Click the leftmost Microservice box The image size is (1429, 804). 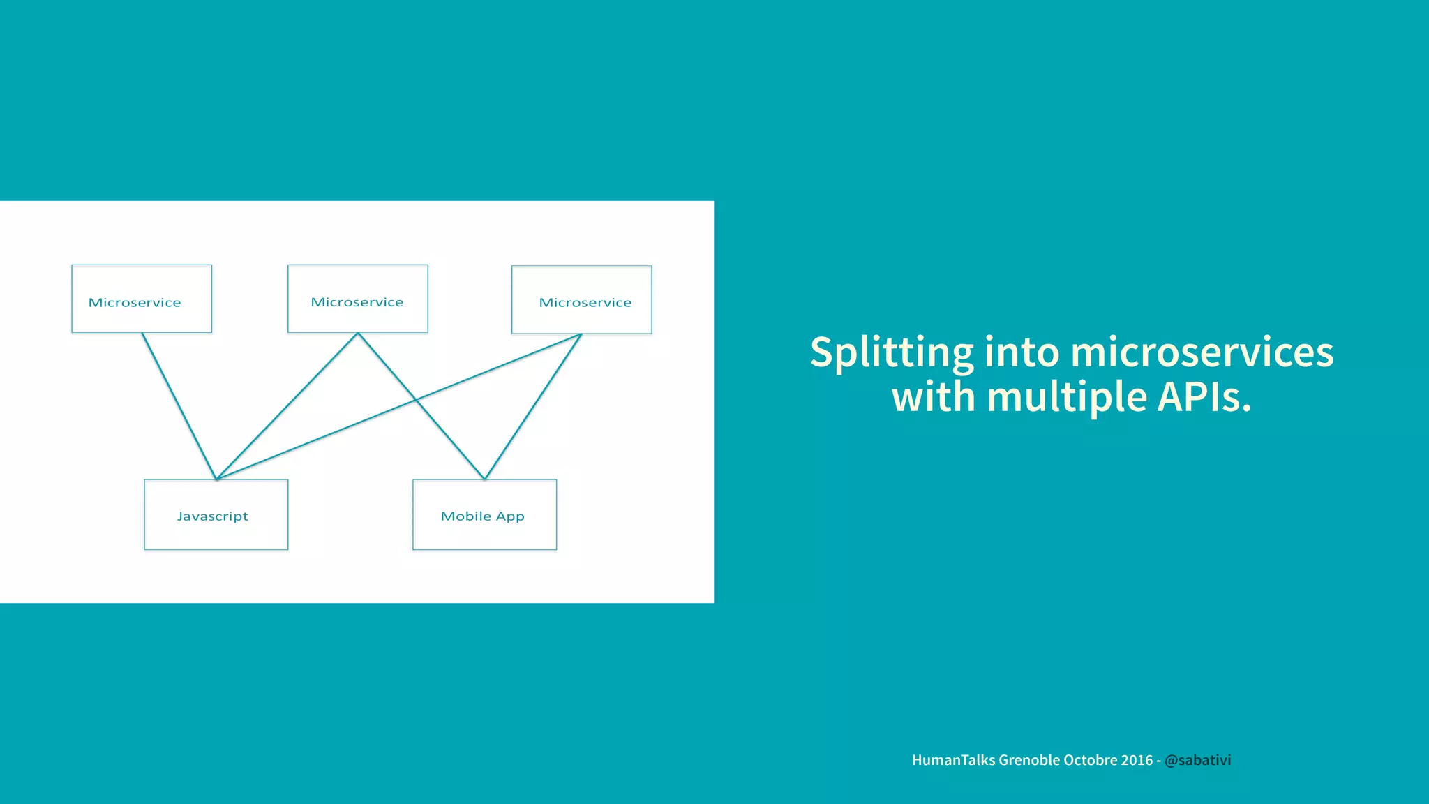(x=142, y=299)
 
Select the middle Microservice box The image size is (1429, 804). (x=357, y=299)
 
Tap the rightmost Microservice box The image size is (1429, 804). (x=581, y=299)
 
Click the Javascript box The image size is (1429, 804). (x=216, y=515)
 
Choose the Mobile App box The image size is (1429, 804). (x=484, y=515)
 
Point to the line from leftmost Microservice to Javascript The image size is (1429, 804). (x=179, y=406)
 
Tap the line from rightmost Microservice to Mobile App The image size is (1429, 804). (x=533, y=406)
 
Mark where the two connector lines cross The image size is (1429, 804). (x=416, y=400)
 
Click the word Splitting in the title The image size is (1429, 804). (x=891, y=352)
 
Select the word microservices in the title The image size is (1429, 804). (x=1202, y=352)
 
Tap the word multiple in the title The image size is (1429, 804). (x=1067, y=397)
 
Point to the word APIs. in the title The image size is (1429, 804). (x=1204, y=397)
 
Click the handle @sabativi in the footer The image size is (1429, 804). (x=1197, y=760)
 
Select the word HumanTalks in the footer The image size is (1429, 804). (x=953, y=760)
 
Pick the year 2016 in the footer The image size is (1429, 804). (x=1137, y=760)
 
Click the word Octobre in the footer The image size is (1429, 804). (x=1090, y=760)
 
